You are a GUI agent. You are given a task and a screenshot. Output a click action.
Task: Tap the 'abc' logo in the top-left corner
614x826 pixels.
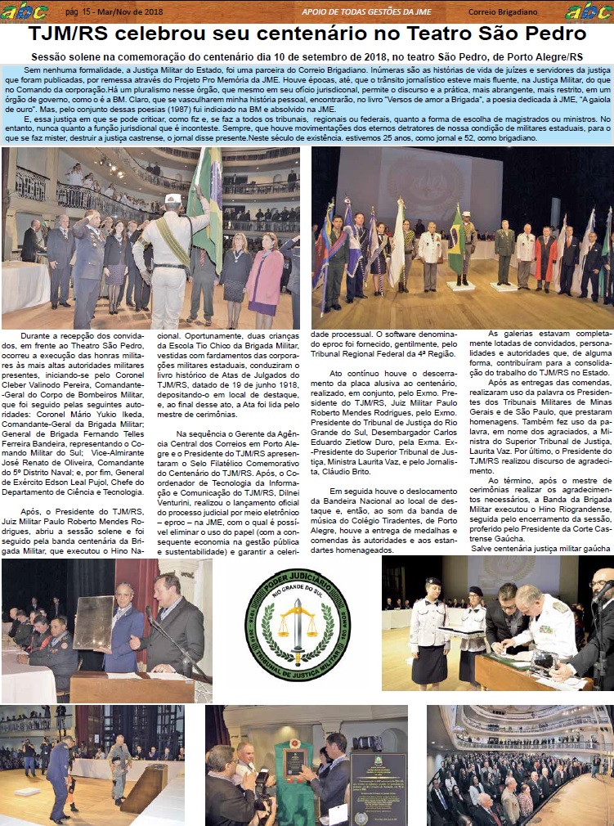(x=18, y=11)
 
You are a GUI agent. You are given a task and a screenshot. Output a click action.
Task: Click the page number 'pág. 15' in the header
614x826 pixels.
(x=80, y=11)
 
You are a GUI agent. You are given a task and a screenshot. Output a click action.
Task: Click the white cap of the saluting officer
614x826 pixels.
(x=172, y=199)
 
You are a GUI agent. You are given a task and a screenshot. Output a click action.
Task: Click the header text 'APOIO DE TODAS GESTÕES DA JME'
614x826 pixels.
(x=367, y=11)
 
